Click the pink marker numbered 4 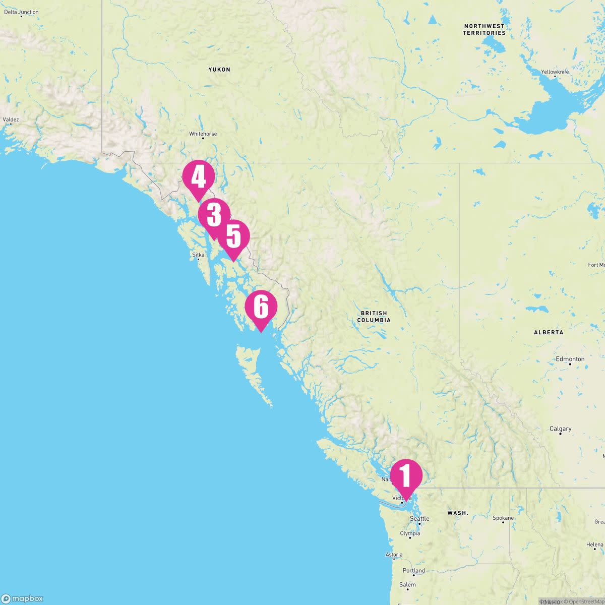click(198, 178)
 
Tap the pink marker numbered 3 click(213, 216)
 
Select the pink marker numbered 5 click(233, 237)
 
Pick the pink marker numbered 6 click(261, 307)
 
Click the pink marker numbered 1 click(405, 475)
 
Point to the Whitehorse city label click(203, 134)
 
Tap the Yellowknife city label click(555, 72)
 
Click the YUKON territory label click(219, 70)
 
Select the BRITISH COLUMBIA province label click(374, 317)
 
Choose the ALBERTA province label click(549, 332)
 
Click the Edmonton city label click(570, 359)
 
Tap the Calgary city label click(560, 429)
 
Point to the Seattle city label click(419, 519)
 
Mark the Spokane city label click(503, 518)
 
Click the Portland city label click(414, 571)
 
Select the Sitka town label click(198, 255)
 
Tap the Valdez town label click(11, 120)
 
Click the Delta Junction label click(21, 12)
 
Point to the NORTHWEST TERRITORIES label click(484, 29)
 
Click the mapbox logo click(22, 598)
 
